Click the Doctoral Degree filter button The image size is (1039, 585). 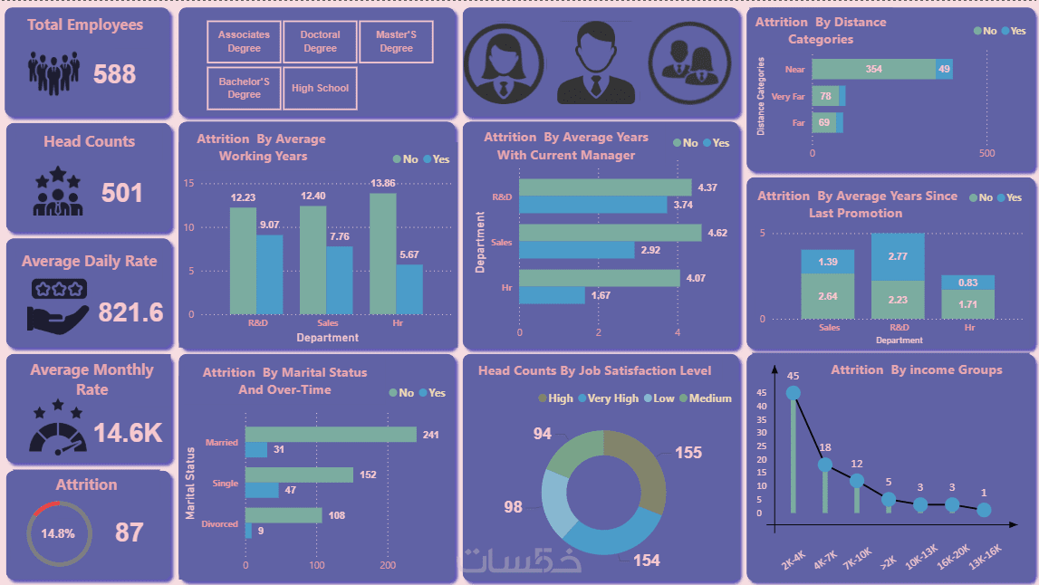(321, 42)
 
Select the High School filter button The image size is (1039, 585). (321, 89)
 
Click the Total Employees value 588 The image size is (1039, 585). (115, 73)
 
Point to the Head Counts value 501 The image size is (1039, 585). (121, 193)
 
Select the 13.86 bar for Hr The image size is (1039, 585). (382, 254)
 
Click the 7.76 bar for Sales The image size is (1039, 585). (340, 280)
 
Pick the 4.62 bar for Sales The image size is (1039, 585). (610, 233)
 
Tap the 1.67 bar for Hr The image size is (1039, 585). (552, 295)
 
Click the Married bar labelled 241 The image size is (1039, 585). (331, 435)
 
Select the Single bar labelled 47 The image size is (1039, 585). (262, 490)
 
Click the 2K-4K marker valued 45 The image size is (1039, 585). (794, 393)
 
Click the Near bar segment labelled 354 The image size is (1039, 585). (873, 70)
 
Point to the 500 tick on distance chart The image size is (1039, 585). (986, 153)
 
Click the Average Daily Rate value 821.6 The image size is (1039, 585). (130, 312)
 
